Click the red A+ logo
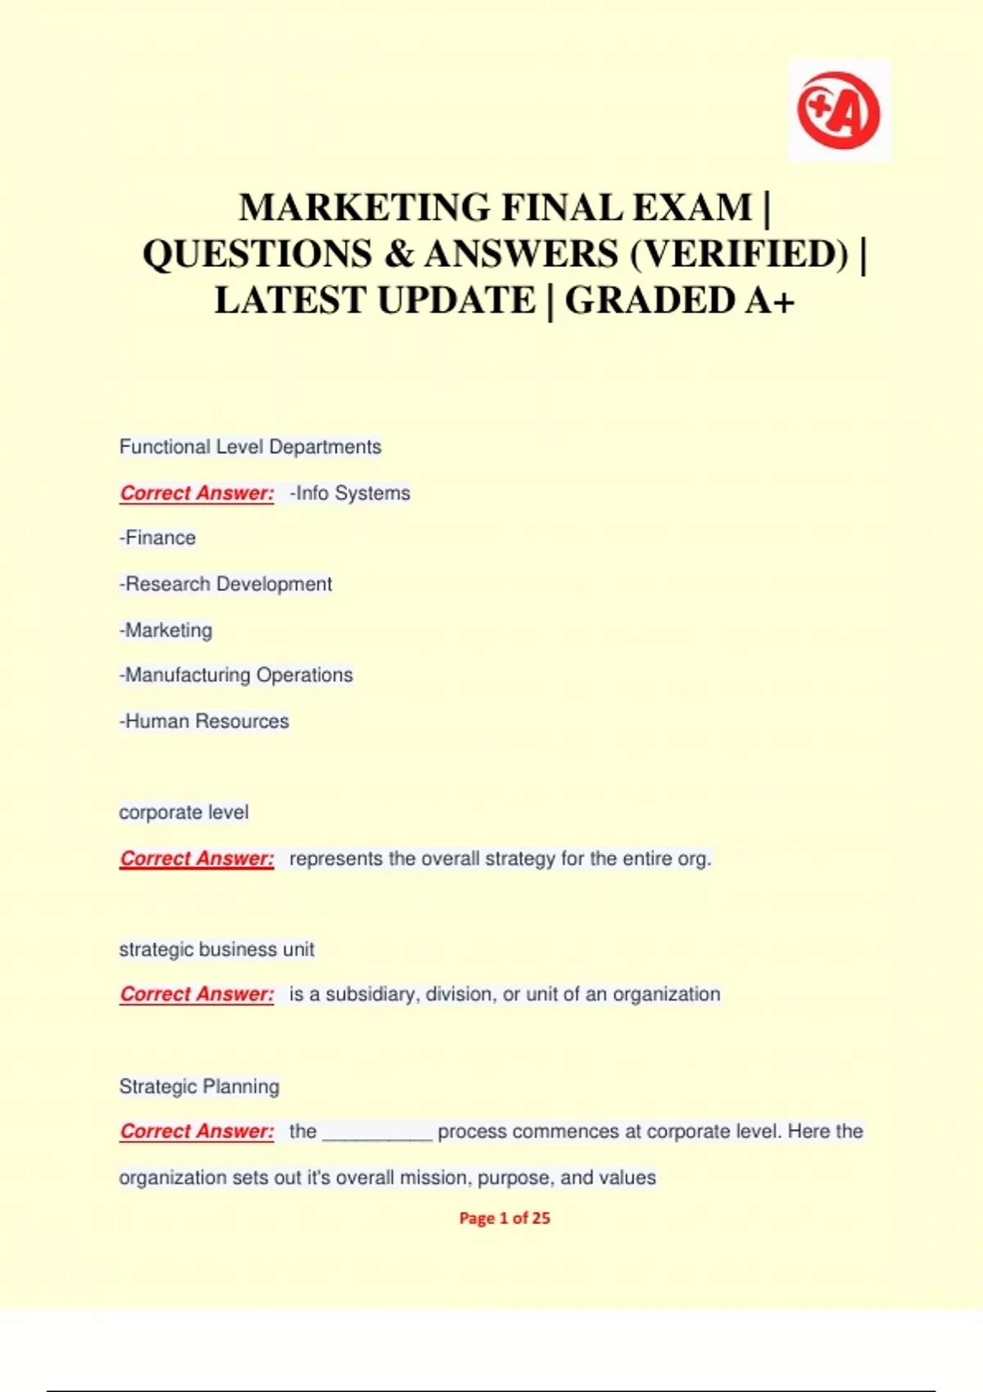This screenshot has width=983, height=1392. point(839,111)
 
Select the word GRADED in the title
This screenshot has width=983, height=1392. point(650,301)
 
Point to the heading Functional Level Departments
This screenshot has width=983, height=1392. point(250,447)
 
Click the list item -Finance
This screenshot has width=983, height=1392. point(157,538)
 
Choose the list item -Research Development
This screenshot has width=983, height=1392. point(225,584)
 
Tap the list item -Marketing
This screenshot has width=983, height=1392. point(165,630)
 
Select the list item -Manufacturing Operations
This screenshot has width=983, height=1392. point(236,675)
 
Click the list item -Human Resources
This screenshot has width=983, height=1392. point(204,721)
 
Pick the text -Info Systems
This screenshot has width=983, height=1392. point(350,493)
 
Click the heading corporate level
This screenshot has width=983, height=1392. point(183,812)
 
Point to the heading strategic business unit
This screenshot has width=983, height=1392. point(216,949)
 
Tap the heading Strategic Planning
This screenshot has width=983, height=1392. point(199,1087)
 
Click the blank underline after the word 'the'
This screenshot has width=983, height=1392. point(378,1133)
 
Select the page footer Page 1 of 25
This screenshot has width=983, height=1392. point(505,1218)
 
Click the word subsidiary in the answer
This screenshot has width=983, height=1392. point(372,994)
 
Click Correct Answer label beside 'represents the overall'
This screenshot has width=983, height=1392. point(197,858)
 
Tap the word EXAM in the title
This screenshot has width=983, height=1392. point(692,208)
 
